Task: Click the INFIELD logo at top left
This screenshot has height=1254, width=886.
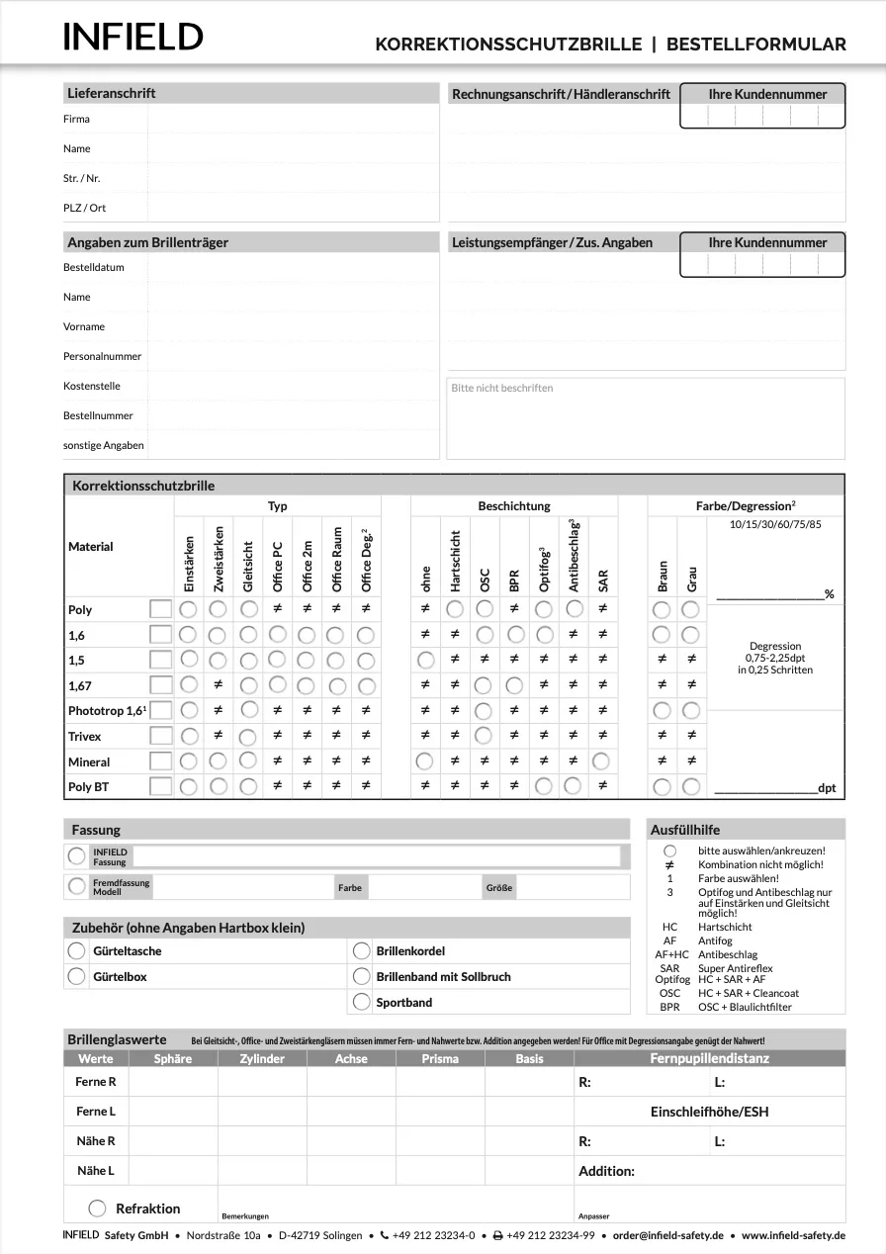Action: tap(133, 37)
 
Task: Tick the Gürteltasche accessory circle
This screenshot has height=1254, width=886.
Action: tap(76, 950)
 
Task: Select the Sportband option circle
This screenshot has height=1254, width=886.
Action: tap(361, 1002)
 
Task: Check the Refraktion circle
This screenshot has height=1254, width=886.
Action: tap(97, 1208)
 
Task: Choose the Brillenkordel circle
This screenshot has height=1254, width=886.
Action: tap(361, 950)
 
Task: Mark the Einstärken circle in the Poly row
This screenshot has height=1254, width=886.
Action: tap(188, 609)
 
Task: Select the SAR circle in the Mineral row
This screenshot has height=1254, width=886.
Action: tap(600, 761)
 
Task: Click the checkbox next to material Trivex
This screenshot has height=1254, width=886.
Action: tap(159, 736)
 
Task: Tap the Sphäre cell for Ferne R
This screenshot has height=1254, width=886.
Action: tap(173, 1082)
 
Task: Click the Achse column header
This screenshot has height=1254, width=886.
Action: tap(351, 1058)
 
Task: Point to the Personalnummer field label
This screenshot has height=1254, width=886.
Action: tap(103, 356)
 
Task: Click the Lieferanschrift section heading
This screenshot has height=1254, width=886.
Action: tap(111, 93)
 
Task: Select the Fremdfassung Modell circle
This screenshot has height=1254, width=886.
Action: tap(76, 887)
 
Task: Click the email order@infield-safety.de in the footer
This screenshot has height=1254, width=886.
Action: tap(667, 1235)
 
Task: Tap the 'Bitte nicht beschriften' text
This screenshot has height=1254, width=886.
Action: tap(501, 388)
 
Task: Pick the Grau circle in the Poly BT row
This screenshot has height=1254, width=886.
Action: tap(691, 787)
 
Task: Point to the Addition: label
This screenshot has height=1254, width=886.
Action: tap(606, 1171)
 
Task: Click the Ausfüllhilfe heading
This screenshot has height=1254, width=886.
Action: tap(685, 830)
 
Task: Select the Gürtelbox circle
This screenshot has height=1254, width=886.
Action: tap(76, 976)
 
